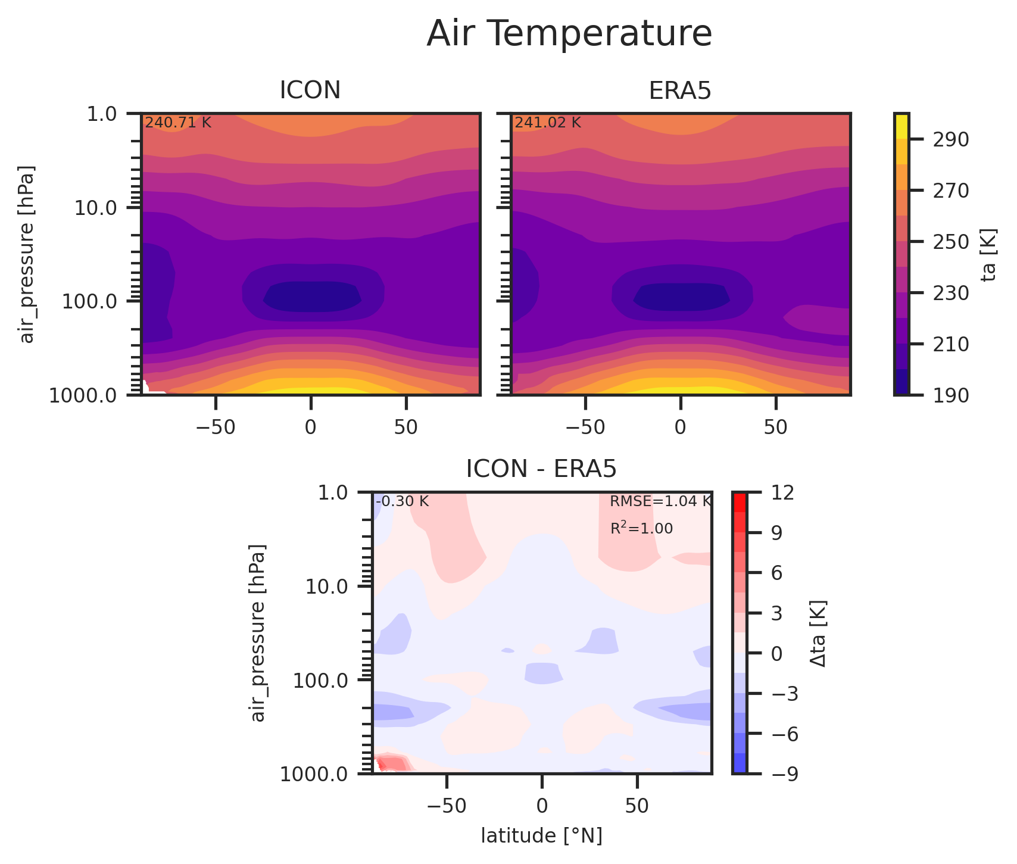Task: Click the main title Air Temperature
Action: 569,34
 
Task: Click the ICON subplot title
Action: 310,91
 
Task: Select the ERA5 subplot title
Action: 680,91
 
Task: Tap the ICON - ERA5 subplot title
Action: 541,469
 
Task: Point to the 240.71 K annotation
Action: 178,123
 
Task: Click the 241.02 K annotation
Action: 548,123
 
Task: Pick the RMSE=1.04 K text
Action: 660,501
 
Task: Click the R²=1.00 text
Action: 641,528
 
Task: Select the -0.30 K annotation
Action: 402,501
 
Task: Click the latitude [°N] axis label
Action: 541,836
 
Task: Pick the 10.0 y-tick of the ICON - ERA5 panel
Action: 330,587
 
